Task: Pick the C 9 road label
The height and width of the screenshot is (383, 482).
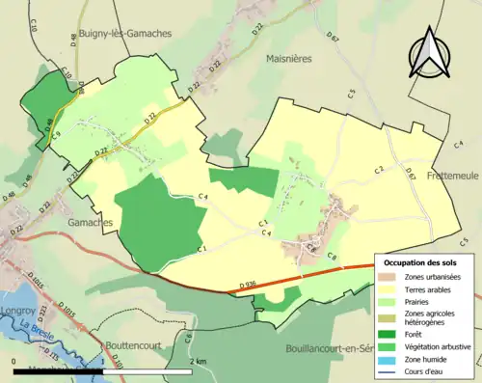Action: coord(56,136)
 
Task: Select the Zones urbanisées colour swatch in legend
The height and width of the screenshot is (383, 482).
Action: coord(391,278)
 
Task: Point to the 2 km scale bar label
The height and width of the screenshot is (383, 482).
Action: coord(198,361)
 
